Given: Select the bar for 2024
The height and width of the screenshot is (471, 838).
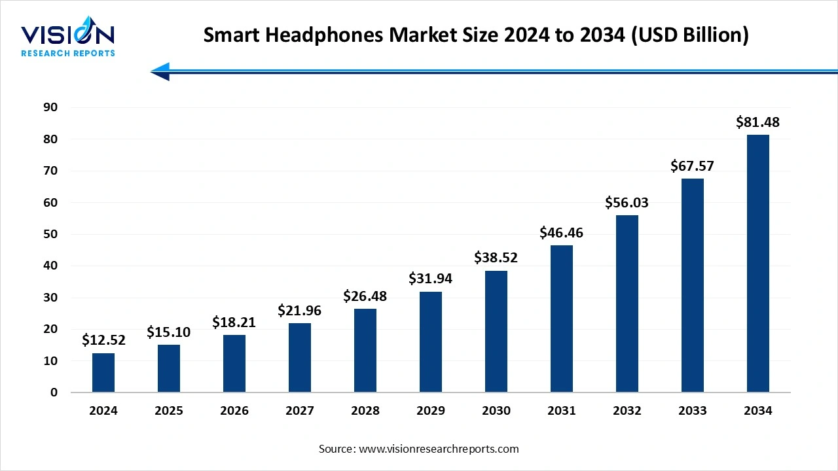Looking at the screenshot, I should (103, 373).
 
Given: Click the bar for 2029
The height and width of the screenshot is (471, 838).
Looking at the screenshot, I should (431, 342).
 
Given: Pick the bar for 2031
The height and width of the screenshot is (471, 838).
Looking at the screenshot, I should (562, 319).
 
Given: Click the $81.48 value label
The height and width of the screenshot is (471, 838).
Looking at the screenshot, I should (758, 122).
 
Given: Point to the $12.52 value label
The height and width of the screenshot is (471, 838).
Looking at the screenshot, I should (103, 340).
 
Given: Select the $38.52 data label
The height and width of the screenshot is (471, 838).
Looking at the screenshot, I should (496, 258).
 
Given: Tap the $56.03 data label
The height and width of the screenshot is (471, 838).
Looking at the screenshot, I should (627, 203).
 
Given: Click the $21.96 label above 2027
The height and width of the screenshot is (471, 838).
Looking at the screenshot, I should (300, 310).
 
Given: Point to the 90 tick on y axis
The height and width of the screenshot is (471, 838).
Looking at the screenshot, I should (51, 107).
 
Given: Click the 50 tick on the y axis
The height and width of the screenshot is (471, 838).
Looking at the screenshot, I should (51, 234).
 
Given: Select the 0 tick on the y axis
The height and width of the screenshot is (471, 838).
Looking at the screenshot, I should (54, 392).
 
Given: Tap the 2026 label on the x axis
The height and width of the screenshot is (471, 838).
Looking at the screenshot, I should (234, 411).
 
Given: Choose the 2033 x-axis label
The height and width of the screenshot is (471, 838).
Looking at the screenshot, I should (693, 411).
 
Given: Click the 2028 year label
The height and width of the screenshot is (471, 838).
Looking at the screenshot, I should (365, 411).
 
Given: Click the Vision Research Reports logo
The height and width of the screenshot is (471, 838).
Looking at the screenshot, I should (68, 39).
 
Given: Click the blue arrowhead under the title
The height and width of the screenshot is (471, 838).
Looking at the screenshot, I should (161, 71).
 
